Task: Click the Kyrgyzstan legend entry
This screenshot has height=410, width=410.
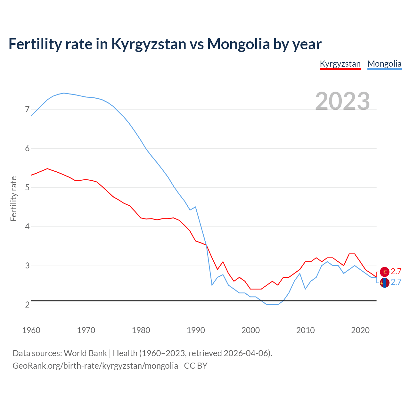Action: click(340, 64)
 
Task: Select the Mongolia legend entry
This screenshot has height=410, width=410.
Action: click(384, 64)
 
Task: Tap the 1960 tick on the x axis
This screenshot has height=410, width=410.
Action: click(31, 330)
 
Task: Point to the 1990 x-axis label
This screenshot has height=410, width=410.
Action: click(196, 330)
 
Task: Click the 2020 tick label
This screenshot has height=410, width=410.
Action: click(360, 330)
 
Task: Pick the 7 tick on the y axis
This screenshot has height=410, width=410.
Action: click(27, 110)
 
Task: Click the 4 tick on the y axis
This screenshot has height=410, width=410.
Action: click(27, 227)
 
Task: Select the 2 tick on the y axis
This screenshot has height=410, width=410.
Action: click(27, 305)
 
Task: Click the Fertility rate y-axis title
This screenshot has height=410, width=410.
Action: click(13, 199)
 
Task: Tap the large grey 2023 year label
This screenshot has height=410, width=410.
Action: click(342, 101)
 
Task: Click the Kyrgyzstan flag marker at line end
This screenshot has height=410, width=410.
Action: click(385, 272)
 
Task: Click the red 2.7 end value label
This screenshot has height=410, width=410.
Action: click(396, 272)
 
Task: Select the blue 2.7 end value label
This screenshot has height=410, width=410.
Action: click(396, 282)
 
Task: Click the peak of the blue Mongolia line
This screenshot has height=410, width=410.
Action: click(64, 93)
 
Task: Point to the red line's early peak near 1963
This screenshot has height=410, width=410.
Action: click(47, 168)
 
